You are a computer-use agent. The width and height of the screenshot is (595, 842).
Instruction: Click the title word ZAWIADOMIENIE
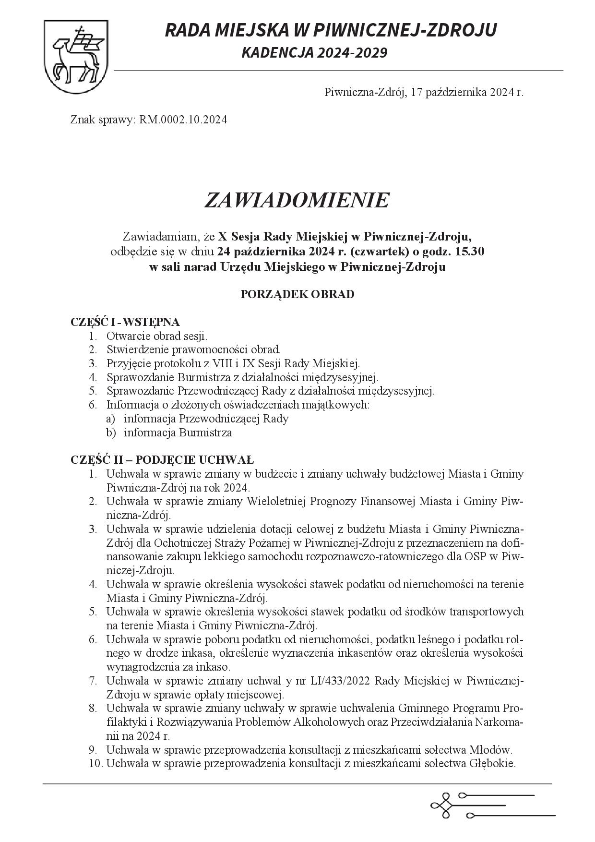(297, 200)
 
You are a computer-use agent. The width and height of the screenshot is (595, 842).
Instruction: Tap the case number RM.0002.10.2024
(183, 120)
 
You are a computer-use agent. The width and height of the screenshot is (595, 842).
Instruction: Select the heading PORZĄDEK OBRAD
(297, 294)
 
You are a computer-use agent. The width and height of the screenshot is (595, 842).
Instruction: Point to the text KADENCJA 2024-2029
(314, 53)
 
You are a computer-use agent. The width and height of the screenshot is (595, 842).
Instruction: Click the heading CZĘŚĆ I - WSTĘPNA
(125, 322)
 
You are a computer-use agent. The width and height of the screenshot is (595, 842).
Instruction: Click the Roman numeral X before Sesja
(222, 236)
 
